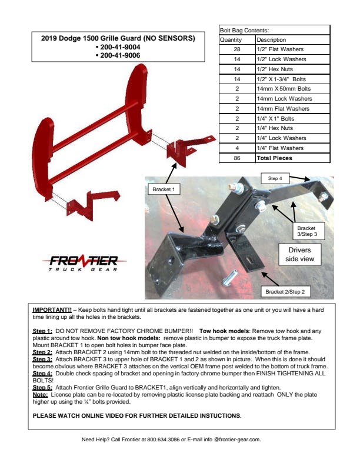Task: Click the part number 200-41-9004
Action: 120,47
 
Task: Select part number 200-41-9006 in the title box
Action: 120,55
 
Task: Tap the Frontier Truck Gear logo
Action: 84,263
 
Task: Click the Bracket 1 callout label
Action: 164,189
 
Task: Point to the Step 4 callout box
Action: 275,178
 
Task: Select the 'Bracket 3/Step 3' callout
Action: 307,231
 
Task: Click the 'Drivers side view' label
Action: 299,254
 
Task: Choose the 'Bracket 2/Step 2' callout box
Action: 285,292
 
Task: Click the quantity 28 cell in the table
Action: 237,49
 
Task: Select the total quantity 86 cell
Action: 237,158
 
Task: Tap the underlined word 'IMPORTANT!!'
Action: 52,309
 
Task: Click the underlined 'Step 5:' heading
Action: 42,388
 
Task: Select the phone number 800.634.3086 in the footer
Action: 164,440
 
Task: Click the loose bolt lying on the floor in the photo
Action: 229,278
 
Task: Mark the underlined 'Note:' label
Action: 40,395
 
